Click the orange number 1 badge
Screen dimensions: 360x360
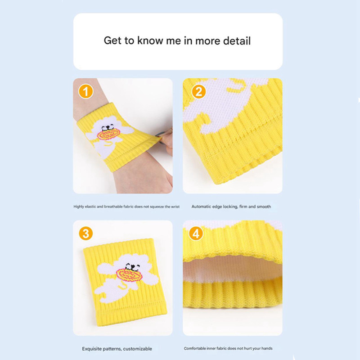85,91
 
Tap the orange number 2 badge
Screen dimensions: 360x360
199,91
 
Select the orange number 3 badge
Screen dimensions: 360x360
85,234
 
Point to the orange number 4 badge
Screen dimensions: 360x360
196,234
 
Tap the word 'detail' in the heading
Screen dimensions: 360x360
237,41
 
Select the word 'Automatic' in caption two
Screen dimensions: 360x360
201,207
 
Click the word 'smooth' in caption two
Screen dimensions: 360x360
264,207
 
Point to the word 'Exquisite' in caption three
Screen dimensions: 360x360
91,349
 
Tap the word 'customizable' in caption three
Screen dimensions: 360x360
138,349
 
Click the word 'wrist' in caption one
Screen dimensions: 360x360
175,207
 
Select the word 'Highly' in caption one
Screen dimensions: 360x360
79,207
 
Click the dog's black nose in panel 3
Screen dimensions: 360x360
132,267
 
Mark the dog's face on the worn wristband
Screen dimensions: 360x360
108,127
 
